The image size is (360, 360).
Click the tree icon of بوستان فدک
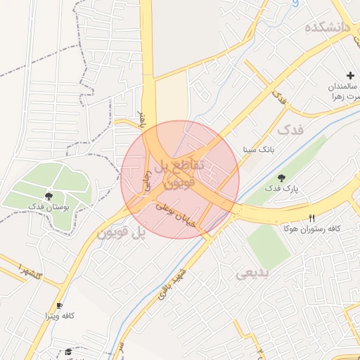tap(49, 196)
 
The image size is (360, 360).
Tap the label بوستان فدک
tap(48, 207)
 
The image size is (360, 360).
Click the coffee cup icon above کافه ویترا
tap(59, 306)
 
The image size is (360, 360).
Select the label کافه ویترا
tap(59, 316)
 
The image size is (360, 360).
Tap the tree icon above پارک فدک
tap(282, 179)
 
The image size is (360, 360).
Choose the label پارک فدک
tap(282, 189)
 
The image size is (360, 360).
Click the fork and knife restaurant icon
tap(311, 218)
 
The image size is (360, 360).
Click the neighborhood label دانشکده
tap(328, 28)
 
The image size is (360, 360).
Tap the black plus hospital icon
tap(349, 75)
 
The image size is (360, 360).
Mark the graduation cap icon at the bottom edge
tap(68, 352)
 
